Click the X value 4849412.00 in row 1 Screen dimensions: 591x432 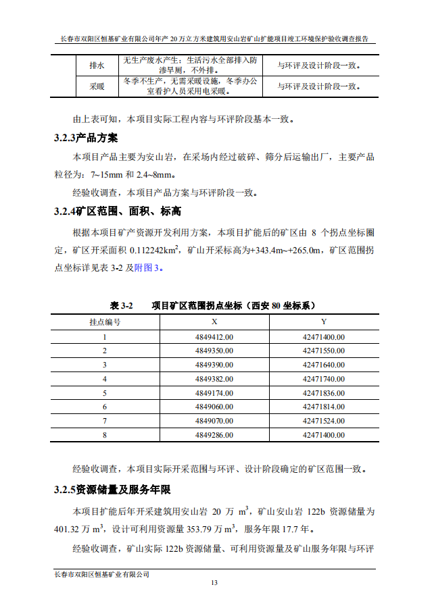pyautogui.click(x=214, y=336)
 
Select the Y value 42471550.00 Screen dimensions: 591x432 pyautogui.click(x=323, y=351)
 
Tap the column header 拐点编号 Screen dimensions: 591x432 pyautogui.click(x=105, y=322)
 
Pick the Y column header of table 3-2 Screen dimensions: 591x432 pyautogui.click(x=323, y=322)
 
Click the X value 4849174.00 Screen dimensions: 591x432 pyautogui.click(x=214, y=392)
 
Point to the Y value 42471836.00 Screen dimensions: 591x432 pyautogui.click(x=323, y=392)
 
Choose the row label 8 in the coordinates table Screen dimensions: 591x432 pyautogui.click(x=105, y=435)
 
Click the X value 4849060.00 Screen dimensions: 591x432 pyautogui.click(x=214, y=407)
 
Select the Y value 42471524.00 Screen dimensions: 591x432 pyautogui.click(x=323, y=421)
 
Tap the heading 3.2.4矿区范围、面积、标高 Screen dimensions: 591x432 pyautogui.click(x=118, y=211)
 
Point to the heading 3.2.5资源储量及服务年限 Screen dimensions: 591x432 pyautogui.click(x=112, y=489)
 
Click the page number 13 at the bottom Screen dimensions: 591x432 pyautogui.click(x=214, y=582)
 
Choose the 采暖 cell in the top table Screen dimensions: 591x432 pyautogui.click(x=97, y=86)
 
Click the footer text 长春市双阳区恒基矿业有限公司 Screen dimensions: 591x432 pyautogui.click(x=101, y=573)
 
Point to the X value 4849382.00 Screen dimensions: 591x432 pyautogui.click(x=214, y=378)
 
